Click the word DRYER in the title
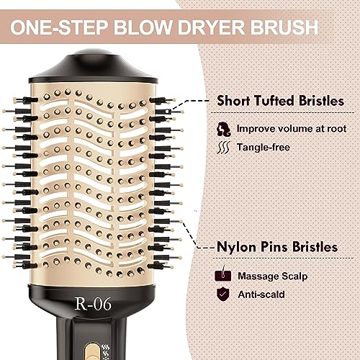(212, 27)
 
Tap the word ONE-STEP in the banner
(59, 27)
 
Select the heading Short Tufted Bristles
(280, 101)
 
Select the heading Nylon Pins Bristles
(277, 247)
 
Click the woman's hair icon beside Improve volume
(223, 129)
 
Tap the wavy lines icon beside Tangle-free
(223, 148)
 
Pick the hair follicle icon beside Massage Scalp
(223, 274)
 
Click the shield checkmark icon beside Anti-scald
(223, 294)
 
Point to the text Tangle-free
(264, 147)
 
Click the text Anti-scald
(261, 294)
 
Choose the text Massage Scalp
(273, 276)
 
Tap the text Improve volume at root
(292, 129)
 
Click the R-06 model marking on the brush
(93, 304)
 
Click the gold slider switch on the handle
(92, 351)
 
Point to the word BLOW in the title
(143, 27)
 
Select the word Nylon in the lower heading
(236, 248)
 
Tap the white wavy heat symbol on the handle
(106, 351)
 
